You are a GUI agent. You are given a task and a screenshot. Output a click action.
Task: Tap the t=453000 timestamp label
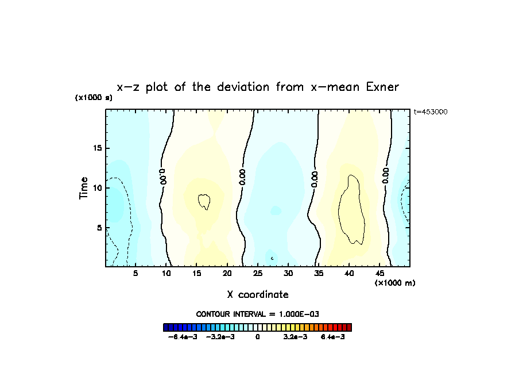point(431,112)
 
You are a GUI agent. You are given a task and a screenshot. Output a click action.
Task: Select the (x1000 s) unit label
point(94,98)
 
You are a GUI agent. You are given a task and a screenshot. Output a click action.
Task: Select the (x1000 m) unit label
point(395,283)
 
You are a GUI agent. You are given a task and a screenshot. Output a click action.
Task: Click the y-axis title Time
point(84,188)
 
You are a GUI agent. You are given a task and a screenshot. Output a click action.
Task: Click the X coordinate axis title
point(258,294)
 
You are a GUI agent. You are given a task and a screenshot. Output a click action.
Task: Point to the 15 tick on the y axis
point(98,148)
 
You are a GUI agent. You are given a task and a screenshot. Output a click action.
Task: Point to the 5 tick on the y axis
point(99,228)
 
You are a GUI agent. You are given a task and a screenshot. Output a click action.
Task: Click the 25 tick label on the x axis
point(258,274)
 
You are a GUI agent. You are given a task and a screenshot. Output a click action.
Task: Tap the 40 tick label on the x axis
point(349,274)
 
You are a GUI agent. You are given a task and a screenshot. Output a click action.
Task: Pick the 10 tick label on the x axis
point(166,274)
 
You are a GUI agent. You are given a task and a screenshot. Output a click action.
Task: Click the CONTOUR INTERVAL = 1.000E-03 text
point(258,314)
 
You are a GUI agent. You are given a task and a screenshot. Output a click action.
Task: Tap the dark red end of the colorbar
point(348,328)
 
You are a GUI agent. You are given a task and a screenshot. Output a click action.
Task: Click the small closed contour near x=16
point(204,201)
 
